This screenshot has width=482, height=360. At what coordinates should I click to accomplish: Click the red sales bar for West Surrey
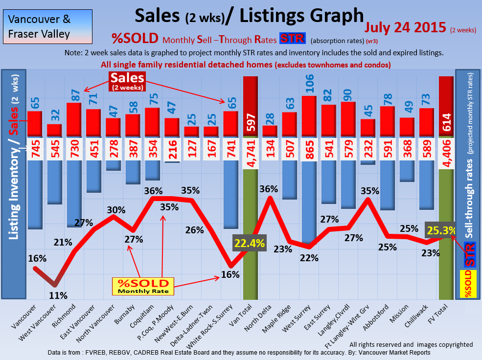click(x=309, y=116)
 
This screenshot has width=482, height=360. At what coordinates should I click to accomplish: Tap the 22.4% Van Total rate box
click(x=249, y=243)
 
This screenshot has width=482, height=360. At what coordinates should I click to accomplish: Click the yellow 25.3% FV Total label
click(x=441, y=230)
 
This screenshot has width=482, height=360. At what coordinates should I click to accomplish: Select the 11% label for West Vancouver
click(x=58, y=295)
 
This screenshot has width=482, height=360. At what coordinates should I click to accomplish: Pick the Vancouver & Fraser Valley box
click(x=46, y=27)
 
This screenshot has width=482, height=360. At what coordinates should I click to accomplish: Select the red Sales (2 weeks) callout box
click(x=127, y=81)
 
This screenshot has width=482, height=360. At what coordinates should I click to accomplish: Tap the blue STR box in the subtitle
click(x=292, y=39)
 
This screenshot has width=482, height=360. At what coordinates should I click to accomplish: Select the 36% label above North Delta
click(x=269, y=188)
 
